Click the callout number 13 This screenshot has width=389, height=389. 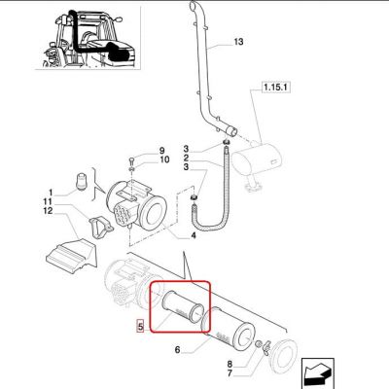tap(238, 42)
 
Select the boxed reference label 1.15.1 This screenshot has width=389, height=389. tap(275, 88)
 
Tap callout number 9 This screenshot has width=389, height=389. tap(161, 151)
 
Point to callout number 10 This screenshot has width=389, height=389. tap(164, 159)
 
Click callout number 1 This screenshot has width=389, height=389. tap(51, 194)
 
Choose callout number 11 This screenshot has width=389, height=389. tap(48, 202)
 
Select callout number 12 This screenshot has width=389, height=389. tap(48, 211)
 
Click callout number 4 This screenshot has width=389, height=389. tap(194, 235)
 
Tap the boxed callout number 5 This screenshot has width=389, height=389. tap(140, 326)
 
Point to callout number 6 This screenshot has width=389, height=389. tap(177, 350)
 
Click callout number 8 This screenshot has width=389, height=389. tap(230, 364)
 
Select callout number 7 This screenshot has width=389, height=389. tap(230, 373)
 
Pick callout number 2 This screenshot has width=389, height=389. tap(186, 159)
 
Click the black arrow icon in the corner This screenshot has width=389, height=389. tap(318, 372)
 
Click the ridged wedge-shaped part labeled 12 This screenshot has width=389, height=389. tap(71, 255)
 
